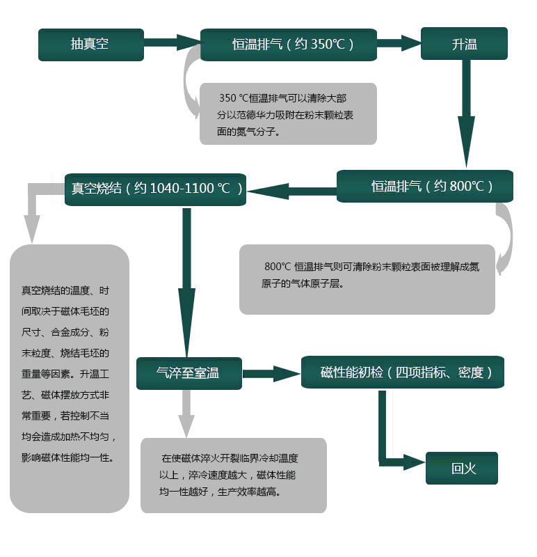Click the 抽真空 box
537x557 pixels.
91,45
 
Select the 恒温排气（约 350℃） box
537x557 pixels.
289,45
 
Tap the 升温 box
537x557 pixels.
464,44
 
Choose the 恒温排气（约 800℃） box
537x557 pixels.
425,186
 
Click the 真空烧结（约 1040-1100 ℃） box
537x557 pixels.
155,189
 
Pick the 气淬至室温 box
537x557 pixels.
189,373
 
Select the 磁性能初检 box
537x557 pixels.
403,372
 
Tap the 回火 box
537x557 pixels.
462,468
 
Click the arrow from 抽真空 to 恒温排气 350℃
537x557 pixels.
172,42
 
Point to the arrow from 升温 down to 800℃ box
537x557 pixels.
466,113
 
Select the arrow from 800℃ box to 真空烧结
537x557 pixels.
291,191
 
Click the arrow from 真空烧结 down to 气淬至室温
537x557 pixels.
186,283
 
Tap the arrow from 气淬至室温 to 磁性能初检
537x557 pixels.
271,374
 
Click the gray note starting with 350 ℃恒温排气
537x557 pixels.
288,113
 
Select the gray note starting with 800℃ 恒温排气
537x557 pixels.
367,279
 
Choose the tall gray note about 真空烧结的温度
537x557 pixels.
69,378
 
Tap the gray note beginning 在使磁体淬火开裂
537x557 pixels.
234,476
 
